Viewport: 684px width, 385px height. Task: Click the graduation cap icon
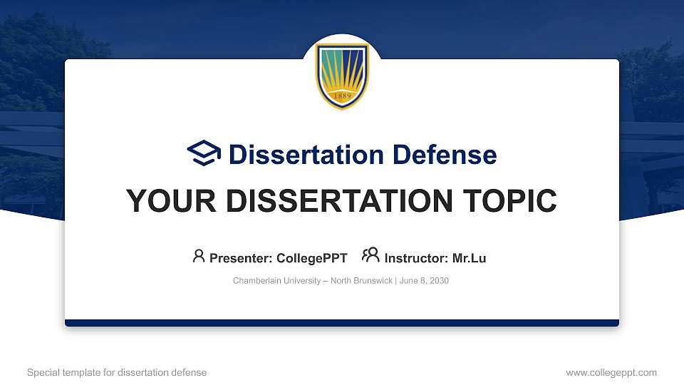click(x=204, y=153)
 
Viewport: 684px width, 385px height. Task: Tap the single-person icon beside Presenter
click(x=199, y=255)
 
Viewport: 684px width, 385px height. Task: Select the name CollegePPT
click(x=311, y=258)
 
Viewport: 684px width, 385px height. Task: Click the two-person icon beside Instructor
click(x=370, y=255)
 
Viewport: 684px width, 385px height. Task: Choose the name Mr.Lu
click(x=469, y=258)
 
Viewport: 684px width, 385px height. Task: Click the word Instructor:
click(x=417, y=258)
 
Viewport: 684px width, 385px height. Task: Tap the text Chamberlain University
click(x=276, y=281)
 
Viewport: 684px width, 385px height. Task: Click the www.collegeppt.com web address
click(x=611, y=372)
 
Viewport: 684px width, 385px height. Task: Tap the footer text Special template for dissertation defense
click(x=117, y=372)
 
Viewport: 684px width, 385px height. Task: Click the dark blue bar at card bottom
click(x=342, y=323)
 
